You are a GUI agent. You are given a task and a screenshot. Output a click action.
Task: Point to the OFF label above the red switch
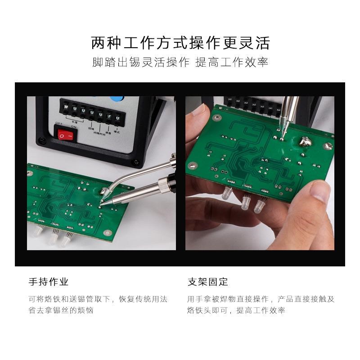coord(58,123)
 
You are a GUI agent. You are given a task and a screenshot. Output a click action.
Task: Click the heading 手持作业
coord(49,282)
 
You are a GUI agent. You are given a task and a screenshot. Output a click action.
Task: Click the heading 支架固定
coord(207,282)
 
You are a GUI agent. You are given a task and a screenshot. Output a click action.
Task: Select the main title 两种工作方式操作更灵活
coord(180,43)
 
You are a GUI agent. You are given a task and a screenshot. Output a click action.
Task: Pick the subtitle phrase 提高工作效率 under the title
coord(232,62)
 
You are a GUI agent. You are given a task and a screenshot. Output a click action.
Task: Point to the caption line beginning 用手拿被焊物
coord(261,299)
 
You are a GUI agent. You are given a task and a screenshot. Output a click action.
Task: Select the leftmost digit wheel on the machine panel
coord(66,108)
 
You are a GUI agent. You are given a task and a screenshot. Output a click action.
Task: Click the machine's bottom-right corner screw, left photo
coord(134,163)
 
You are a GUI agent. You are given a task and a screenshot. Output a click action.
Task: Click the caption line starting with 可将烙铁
coord(98,299)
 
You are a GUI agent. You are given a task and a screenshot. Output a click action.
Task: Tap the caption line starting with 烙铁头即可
coord(236,310)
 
